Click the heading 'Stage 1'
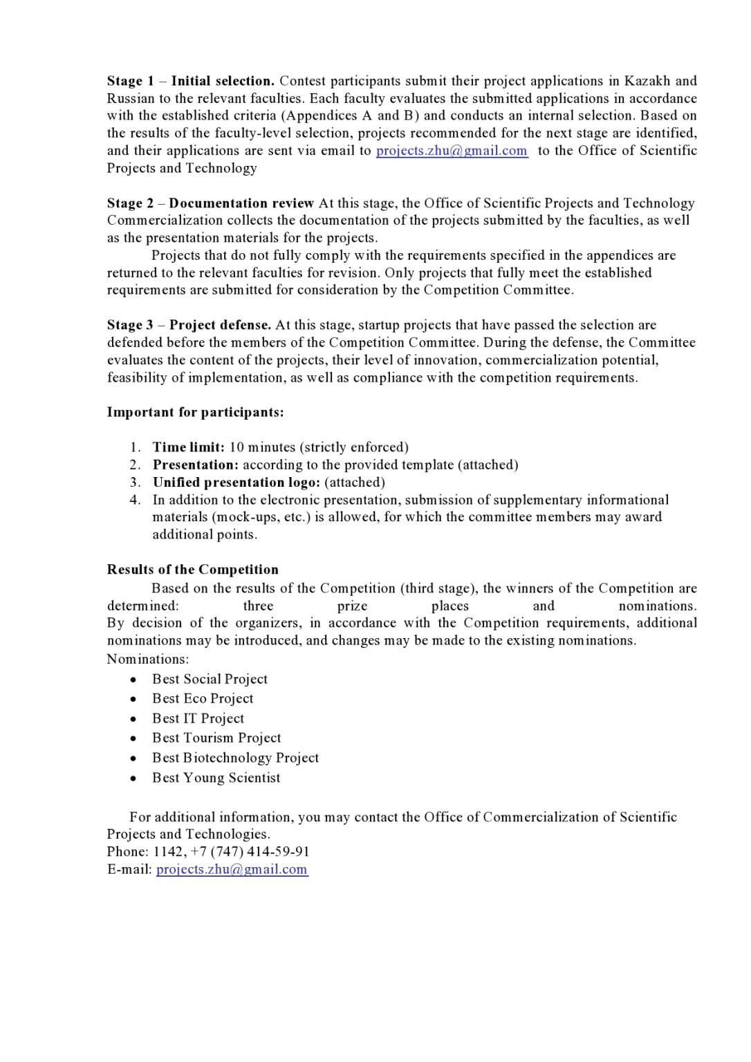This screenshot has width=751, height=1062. pos(130,81)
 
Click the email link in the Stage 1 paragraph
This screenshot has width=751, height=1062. pos(452,151)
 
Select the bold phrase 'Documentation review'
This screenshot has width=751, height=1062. pos(241,203)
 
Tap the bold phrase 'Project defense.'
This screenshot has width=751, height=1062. pos(220,325)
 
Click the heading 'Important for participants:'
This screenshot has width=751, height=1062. pos(195,413)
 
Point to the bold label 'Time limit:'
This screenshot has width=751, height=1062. pos(188,447)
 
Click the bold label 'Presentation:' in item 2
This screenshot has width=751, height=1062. pos(196,465)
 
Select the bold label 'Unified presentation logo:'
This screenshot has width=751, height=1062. pos(237,483)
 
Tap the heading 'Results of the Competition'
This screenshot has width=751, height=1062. pos(192,570)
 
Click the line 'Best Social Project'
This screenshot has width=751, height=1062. pos(210,679)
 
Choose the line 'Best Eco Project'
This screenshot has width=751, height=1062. pos(203,698)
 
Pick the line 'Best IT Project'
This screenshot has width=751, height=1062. pos(198,718)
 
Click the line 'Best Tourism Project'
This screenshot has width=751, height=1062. pos(216,738)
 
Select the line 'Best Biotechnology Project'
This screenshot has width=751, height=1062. pos(235,758)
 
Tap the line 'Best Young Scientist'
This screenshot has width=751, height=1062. pos(216,778)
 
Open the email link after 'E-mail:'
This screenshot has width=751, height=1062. pos(232,870)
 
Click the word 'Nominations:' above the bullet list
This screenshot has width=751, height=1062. pos(147,659)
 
